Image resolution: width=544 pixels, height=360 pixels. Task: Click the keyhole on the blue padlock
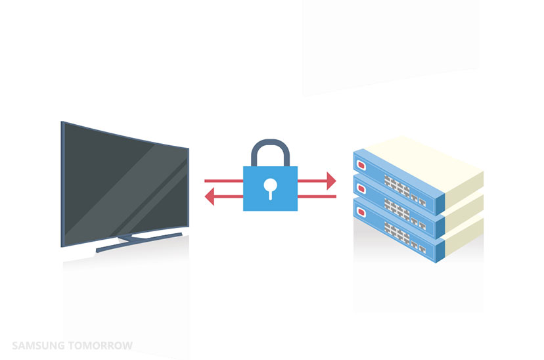click(270, 189)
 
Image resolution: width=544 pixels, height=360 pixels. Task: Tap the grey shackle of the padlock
click(270, 146)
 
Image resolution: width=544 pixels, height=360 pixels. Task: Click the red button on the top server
click(360, 162)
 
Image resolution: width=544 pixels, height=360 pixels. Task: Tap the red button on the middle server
click(360, 187)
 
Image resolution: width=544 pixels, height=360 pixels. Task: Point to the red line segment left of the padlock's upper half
click(223, 180)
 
